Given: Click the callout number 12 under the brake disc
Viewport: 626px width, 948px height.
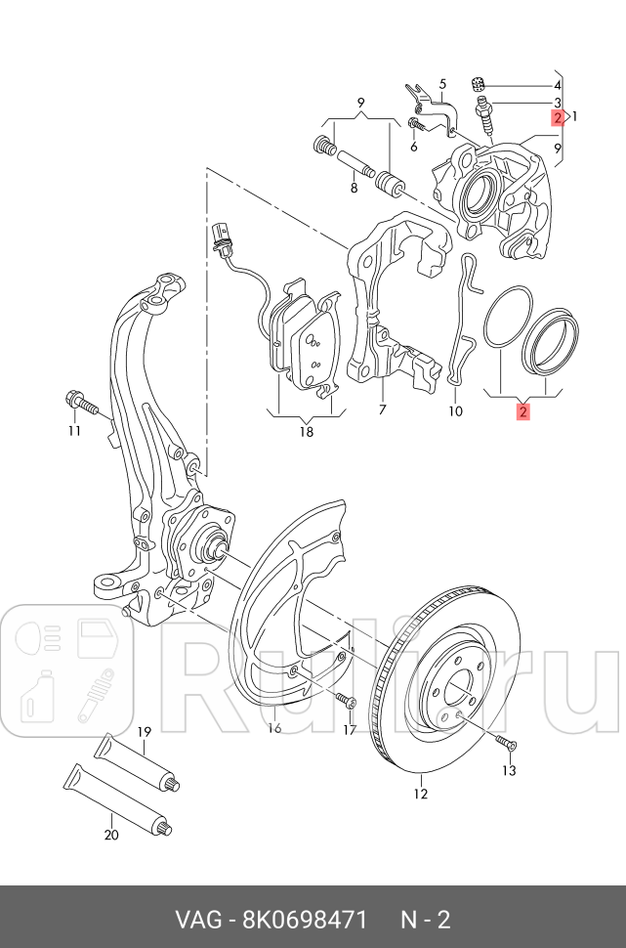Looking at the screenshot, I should pyautogui.click(x=421, y=793).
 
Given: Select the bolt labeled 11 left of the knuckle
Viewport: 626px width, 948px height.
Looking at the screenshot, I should pyautogui.click(x=79, y=401).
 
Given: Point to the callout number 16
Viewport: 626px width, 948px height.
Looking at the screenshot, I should pyautogui.click(x=274, y=726).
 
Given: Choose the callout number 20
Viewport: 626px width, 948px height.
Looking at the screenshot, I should pyautogui.click(x=110, y=834).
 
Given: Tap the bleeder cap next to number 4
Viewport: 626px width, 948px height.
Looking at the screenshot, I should pyautogui.click(x=479, y=84).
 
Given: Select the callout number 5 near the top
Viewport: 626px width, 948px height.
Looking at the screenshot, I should pyautogui.click(x=441, y=84).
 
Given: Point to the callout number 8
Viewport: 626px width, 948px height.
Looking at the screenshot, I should pyautogui.click(x=355, y=188).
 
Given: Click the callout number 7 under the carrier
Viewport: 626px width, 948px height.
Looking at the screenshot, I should pyautogui.click(x=383, y=409).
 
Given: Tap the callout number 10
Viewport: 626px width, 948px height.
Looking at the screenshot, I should pyautogui.click(x=455, y=410).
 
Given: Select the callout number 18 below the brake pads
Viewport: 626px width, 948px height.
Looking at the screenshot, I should pyautogui.click(x=306, y=431).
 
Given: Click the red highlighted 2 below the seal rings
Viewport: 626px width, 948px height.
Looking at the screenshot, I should pyautogui.click(x=523, y=411).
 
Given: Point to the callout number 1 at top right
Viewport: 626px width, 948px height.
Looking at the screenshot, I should pyautogui.click(x=575, y=116).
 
